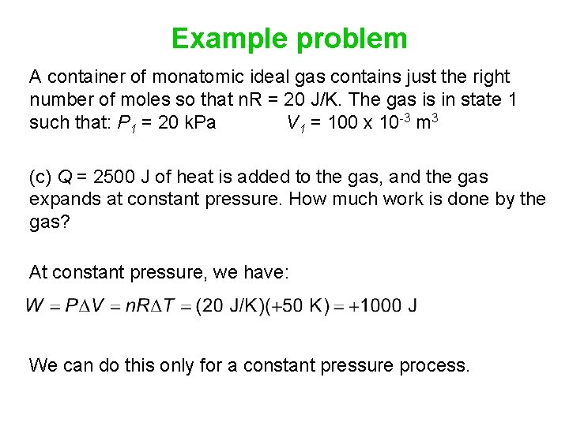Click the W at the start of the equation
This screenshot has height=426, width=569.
point(36,306)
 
